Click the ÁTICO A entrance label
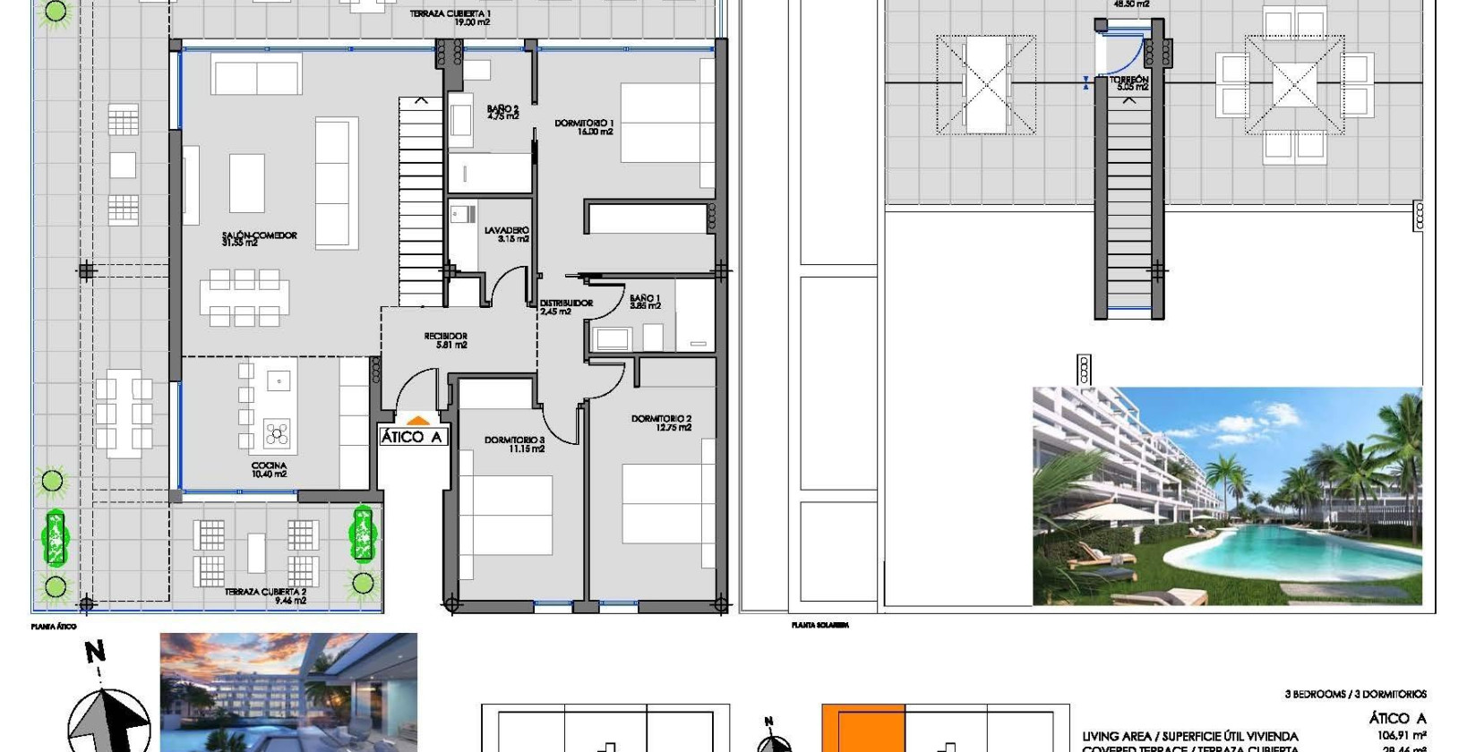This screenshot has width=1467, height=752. click(412, 437)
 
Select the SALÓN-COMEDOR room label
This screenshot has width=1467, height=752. click(259, 239)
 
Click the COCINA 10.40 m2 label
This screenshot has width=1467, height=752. click(269, 470)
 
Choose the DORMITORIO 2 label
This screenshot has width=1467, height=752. click(661, 423)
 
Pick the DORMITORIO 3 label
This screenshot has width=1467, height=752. click(514, 444)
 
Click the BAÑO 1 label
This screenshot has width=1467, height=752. click(645, 302)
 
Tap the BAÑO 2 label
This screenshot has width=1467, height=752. click(502, 112)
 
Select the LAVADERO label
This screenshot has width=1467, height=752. click(507, 235)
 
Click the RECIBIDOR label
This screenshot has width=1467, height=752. click(446, 340)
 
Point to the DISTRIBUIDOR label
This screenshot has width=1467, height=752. click(566, 307)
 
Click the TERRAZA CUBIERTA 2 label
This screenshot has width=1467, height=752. click(265, 596)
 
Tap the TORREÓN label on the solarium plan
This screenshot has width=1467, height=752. click(1129, 83)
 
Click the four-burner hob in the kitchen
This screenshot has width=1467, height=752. click(277, 436)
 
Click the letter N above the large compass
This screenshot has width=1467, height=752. click(95, 653)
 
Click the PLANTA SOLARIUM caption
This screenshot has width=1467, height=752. click(819, 626)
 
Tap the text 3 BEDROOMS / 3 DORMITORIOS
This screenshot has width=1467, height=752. click(1355, 694)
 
